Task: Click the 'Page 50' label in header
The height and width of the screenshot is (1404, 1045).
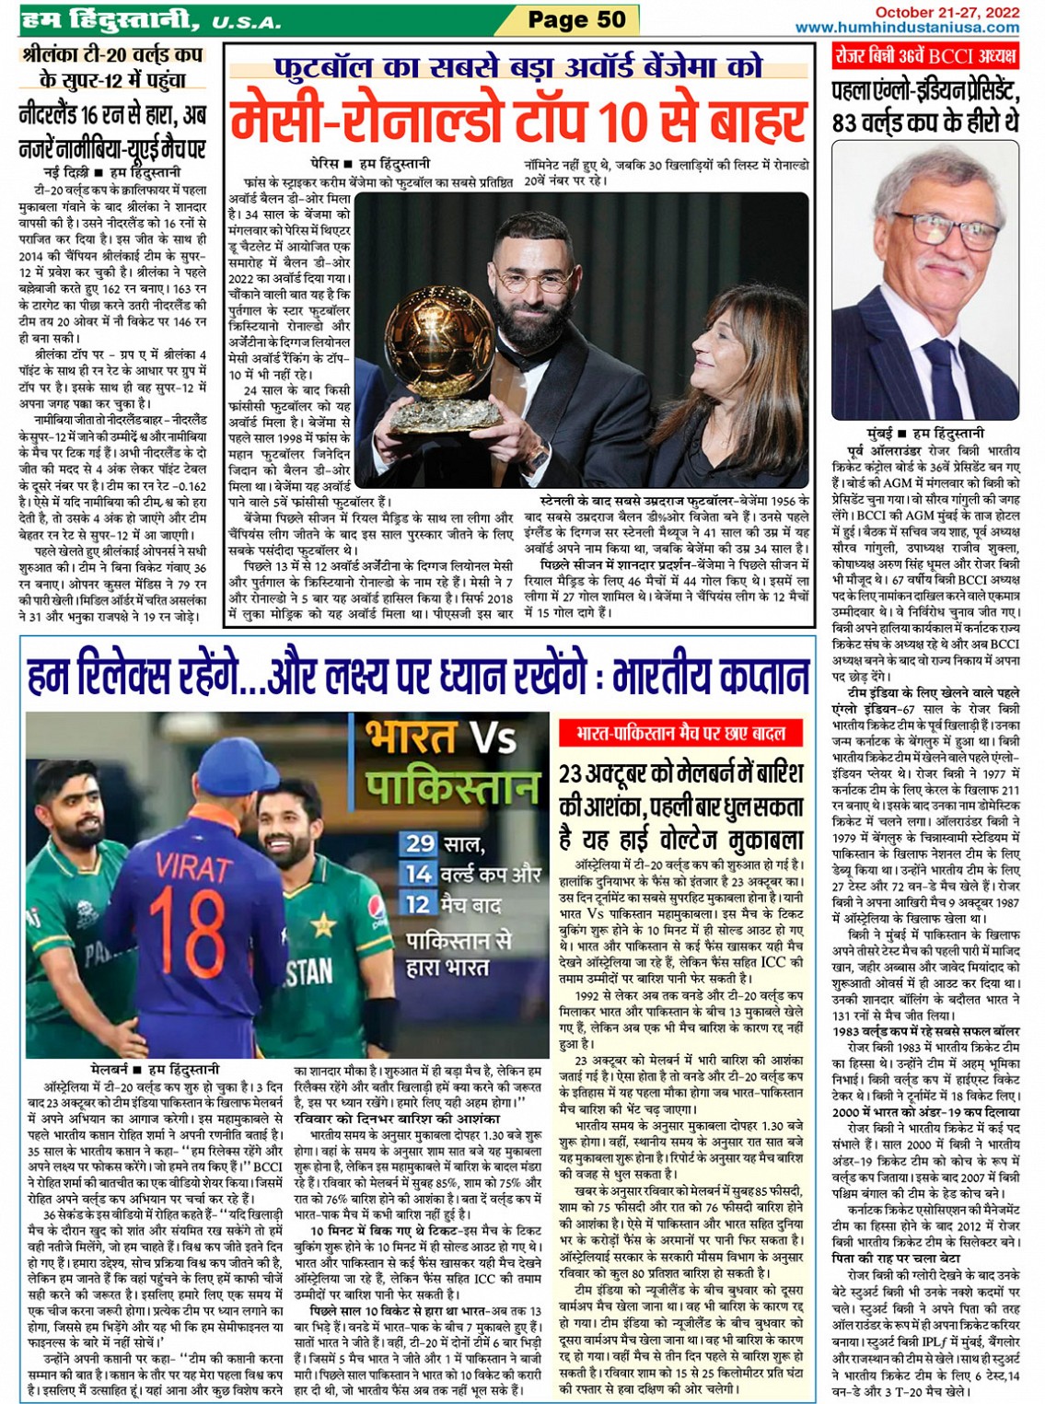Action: tap(576, 19)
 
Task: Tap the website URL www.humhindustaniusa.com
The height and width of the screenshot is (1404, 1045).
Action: tap(907, 28)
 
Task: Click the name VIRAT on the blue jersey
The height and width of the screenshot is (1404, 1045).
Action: tap(193, 867)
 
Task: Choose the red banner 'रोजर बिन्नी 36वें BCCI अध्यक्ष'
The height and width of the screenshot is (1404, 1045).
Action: tap(924, 56)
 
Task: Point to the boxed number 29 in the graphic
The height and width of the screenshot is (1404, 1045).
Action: tap(420, 843)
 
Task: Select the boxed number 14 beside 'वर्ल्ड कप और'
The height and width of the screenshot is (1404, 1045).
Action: tap(419, 874)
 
